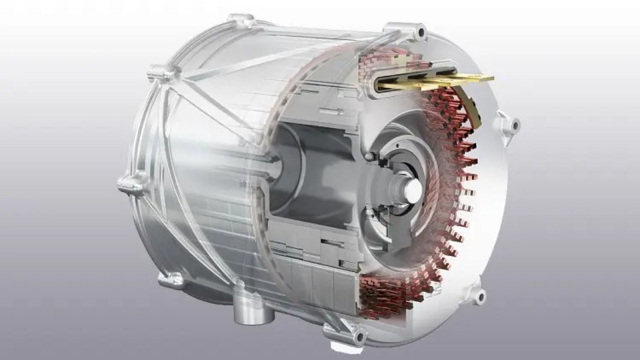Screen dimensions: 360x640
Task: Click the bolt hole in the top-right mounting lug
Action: click(422, 32)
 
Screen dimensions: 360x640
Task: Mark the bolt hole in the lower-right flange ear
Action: click(481, 294)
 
